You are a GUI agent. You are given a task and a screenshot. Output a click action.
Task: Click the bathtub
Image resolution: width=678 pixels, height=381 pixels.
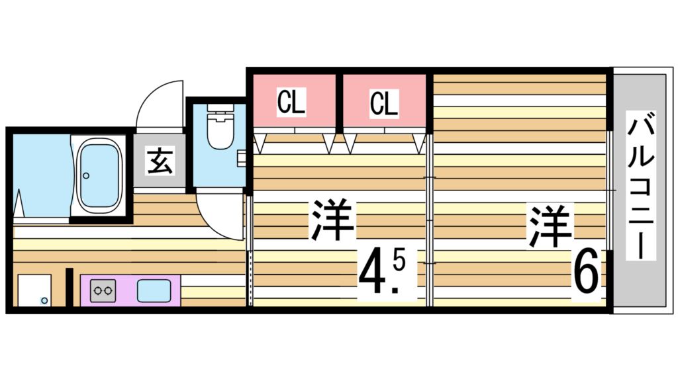[101, 175]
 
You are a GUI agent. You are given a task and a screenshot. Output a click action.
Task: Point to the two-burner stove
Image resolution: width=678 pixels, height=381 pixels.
[103, 290]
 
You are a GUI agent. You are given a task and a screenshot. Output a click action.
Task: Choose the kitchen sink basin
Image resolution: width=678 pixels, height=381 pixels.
[153, 290]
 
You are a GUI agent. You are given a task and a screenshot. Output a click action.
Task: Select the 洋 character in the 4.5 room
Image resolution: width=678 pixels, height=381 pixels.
[333, 220]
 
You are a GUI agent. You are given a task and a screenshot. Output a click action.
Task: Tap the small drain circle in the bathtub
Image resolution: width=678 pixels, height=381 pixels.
[85, 176]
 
